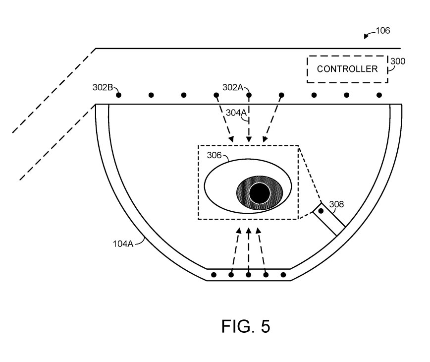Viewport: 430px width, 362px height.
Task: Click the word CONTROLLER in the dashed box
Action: (347, 69)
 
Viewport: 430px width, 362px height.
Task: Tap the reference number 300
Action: (398, 61)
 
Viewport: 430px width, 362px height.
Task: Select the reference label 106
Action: (382, 30)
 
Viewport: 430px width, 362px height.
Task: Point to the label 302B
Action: (103, 87)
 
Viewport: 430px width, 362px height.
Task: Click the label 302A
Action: (232, 87)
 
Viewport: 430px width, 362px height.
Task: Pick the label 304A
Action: (236, 113)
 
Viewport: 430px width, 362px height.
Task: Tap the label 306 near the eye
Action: (214, 155)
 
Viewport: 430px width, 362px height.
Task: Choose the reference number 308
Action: (336, 204)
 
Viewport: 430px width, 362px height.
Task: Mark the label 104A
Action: (123, 243)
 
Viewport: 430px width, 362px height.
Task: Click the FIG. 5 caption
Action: (246, 326)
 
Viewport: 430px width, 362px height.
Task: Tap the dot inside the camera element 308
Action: (321, 211)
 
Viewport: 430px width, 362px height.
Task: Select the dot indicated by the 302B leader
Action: (118, 95)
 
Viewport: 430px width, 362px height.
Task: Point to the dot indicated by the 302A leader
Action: (249, 95)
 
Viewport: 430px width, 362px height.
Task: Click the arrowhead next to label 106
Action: (366, 36)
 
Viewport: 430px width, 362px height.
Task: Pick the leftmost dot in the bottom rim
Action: (214, 275)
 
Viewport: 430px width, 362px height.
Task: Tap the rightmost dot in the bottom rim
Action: (283, 275)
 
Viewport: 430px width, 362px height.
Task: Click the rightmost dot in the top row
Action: (379, 95)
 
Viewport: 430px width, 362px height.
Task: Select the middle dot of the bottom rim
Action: (249, 275)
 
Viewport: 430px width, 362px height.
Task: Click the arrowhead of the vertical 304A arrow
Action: (249, 139)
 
